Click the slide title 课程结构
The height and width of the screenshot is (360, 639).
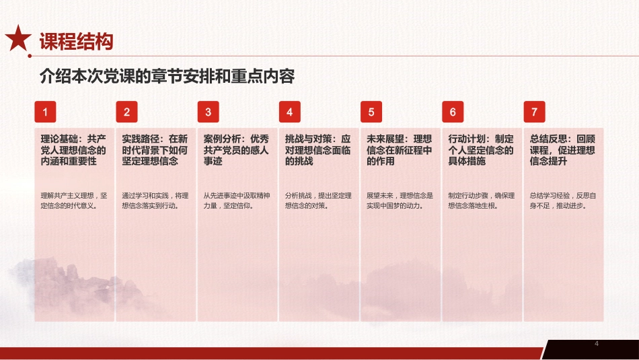pyautogui.click(x=75, y=42)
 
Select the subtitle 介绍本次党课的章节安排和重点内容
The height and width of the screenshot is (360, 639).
pyautogui.click(x=167, y=76)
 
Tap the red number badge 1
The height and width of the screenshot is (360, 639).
pyautogui.click(x=45, y=112)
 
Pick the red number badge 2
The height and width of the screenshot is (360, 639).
pyautogui.click(x=126, y=112)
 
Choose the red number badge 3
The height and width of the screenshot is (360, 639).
pyautogui.click(x=209, y=112)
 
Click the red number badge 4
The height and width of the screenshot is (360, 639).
pyautogui.click(x=290, y=112)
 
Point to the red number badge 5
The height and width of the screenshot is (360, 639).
pyautogui.click(x=371, y=112)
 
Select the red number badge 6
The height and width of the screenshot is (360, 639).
pyautogui.click(x=453, y=112)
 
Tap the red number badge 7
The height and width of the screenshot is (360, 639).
pyautogui.click(x=534, y=112)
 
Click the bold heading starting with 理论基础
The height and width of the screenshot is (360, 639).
pyautogui.click(x=73, y=150)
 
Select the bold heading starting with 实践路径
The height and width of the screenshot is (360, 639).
pyautogui.click(x=155, y=150)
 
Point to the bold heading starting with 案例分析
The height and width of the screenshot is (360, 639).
pyautogui.click(x=236, y=150)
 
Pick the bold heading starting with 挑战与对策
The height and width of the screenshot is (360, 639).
pyautogui.click(x=317, y=150)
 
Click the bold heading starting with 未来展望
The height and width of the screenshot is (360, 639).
pyautogui.click(x=399, y=150)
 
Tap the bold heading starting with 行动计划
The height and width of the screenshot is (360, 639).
pyautogui.click(x=480, y=150)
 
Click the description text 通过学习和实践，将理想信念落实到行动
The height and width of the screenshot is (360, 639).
pyautogui.click(x=155, y=201)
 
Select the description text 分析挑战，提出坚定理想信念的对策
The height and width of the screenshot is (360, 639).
pyautogui.click(x=317, y=201)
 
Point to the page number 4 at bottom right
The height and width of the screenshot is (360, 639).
pyautogui.click(x=597, y=344)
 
